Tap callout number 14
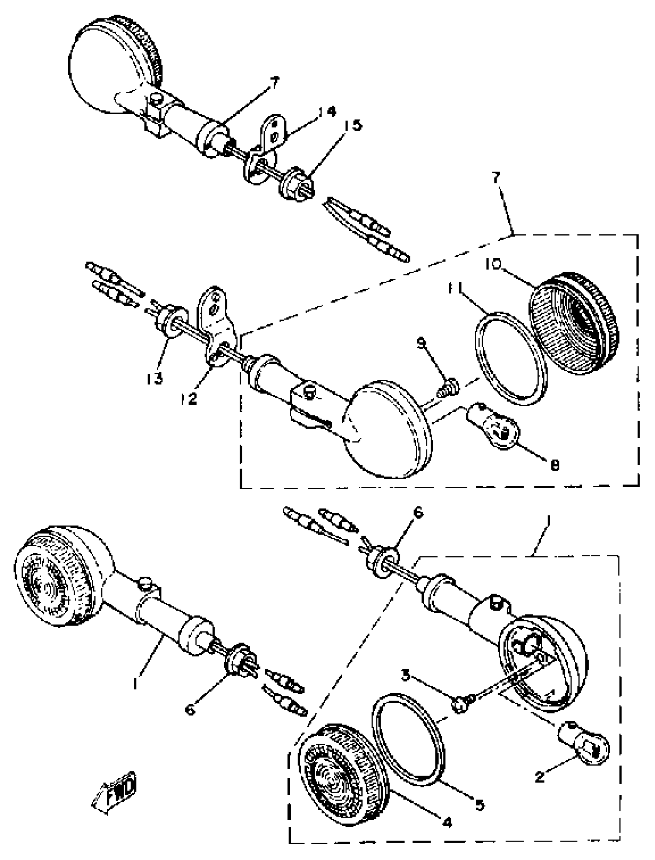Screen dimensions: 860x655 click(x=326, y=112)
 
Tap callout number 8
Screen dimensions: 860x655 click(x=554, y=465)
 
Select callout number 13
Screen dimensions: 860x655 click(x=155, y=378)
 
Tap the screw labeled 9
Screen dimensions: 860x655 click(x=449, y=387)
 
